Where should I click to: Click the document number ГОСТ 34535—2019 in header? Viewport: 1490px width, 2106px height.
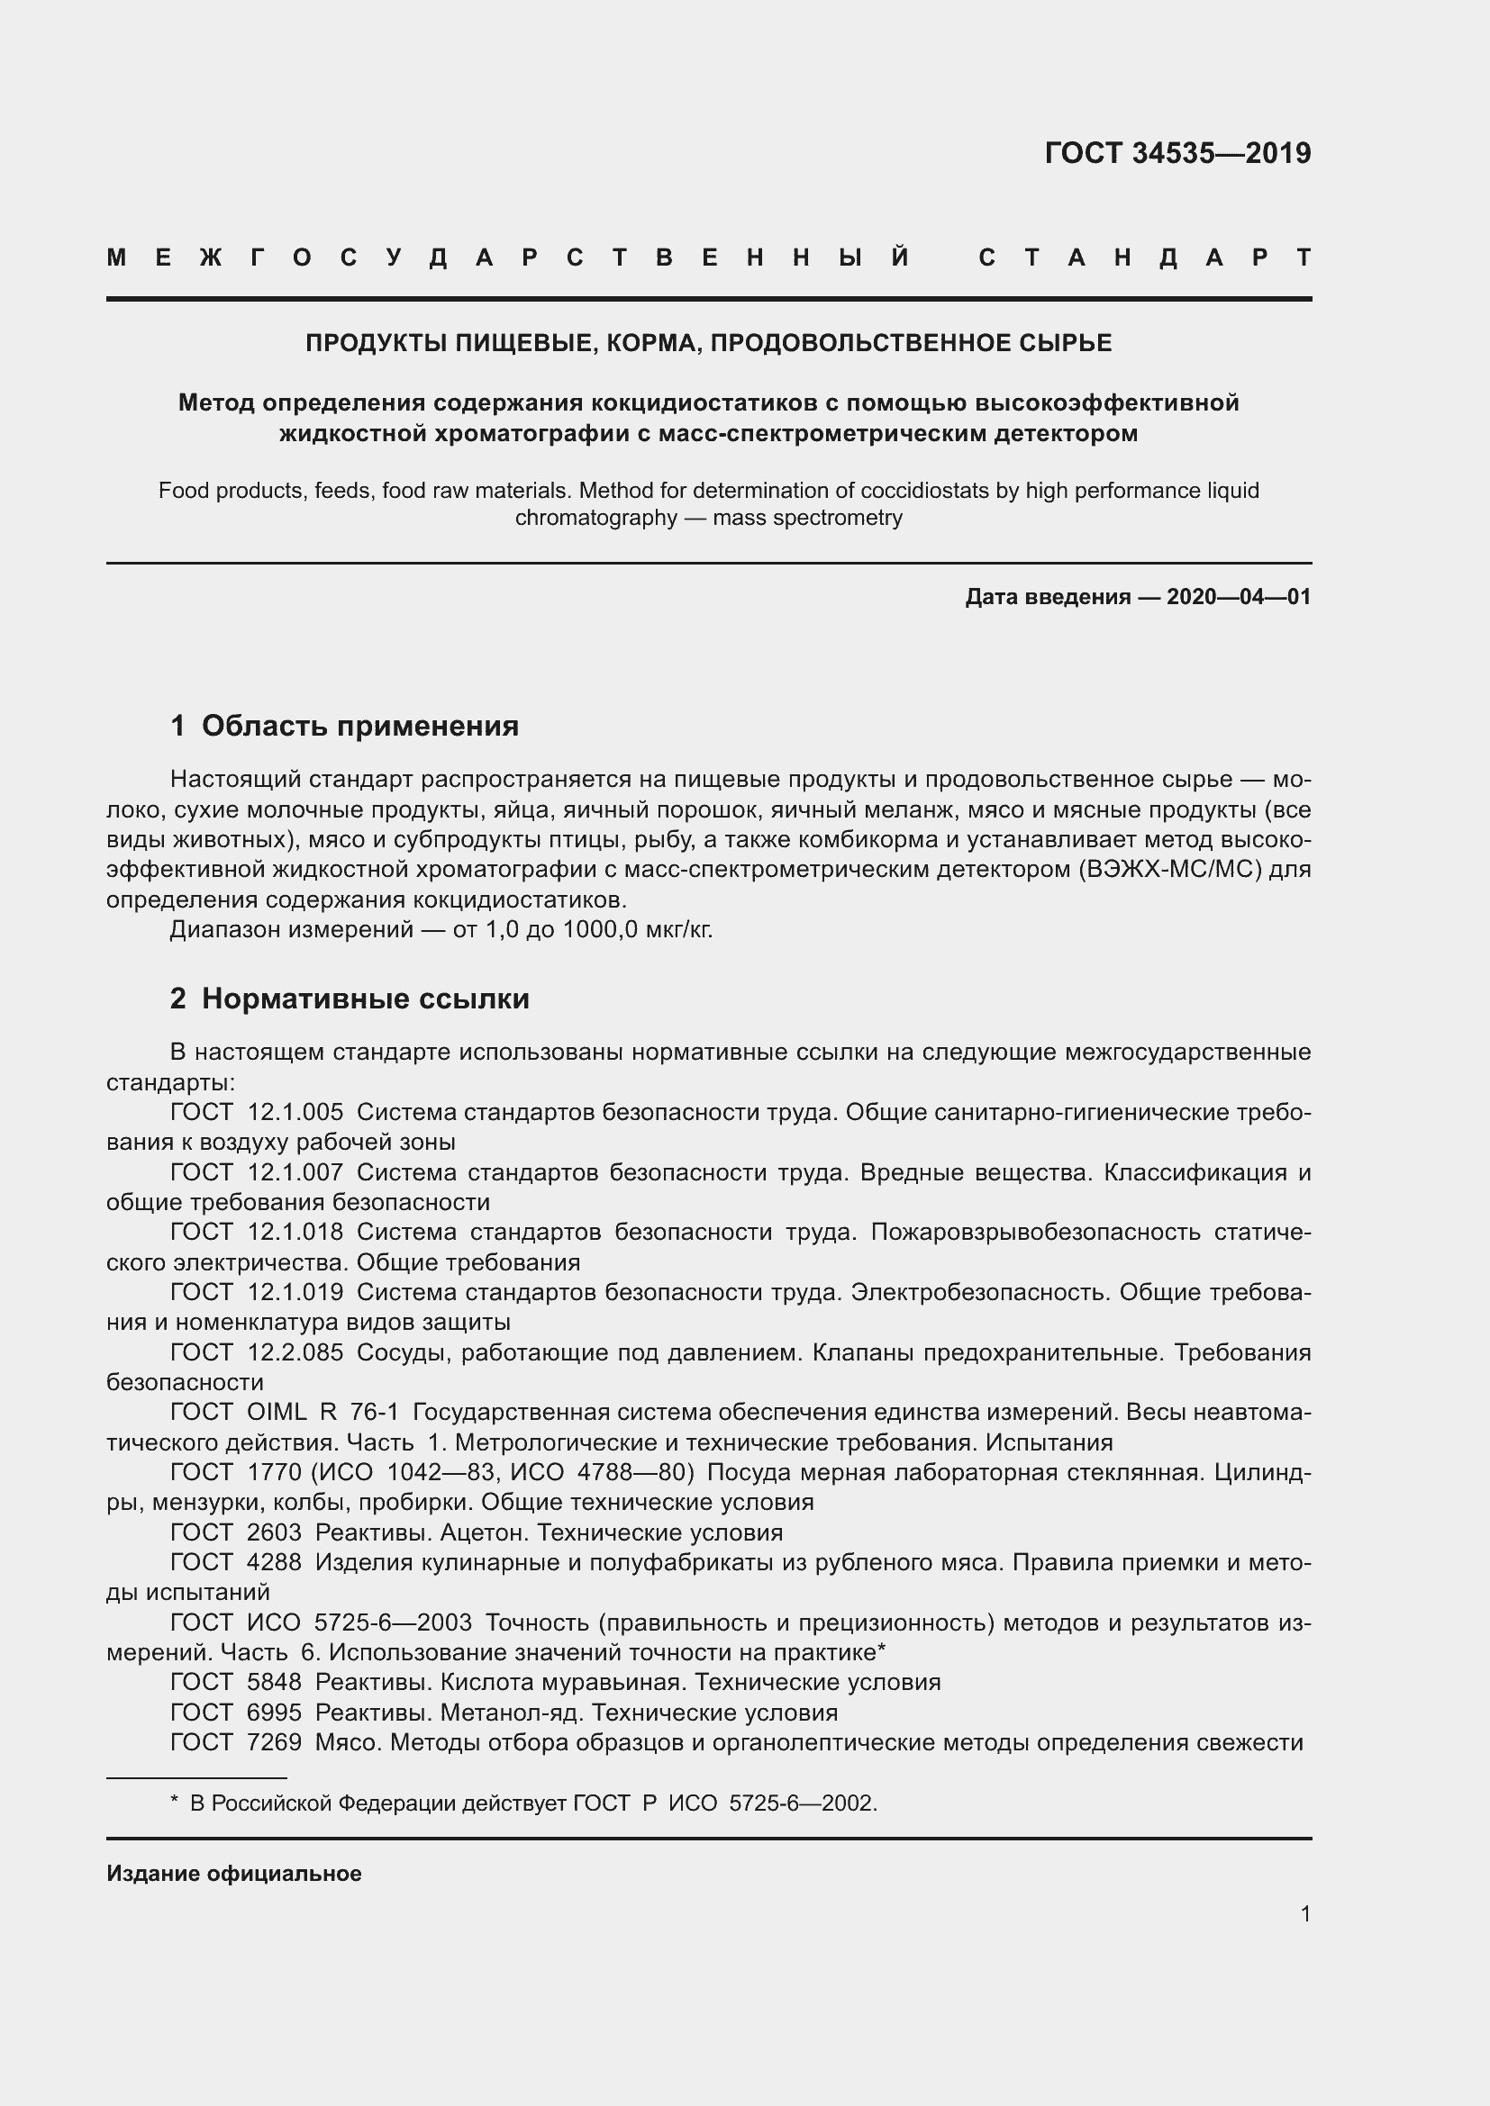point(1177,153)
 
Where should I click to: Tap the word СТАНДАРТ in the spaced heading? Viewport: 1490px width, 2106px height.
point(1145,258)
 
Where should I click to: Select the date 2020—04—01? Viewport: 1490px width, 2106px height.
point(1238,597)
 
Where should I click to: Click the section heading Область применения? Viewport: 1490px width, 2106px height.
point(359,726)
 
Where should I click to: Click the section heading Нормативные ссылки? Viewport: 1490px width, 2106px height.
point(365,998)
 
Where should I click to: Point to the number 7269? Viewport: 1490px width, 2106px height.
point(275,1742)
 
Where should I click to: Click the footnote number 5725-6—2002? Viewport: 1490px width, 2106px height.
point(803,1803)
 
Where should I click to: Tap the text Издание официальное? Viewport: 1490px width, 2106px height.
point(234,1874)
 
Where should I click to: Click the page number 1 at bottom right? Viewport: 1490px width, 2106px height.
point(1304,1913)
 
